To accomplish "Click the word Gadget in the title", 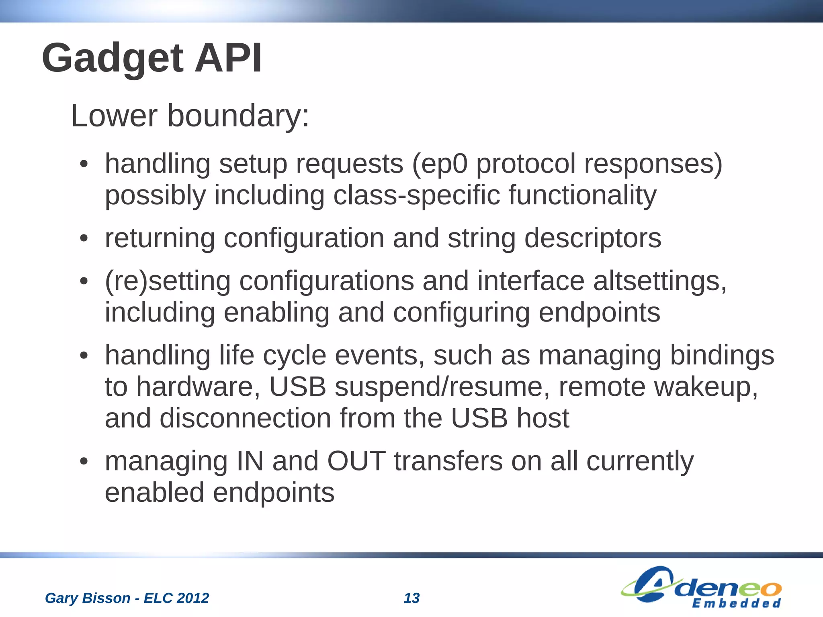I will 113,59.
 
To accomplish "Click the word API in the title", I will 228,59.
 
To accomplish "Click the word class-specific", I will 417,195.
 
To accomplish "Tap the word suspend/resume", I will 438,387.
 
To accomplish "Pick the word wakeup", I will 706,387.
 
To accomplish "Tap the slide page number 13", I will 411,598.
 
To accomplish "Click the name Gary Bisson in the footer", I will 87,598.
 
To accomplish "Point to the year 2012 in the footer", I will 192,598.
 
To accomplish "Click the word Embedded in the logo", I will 736,603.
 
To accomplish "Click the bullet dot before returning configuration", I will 84,239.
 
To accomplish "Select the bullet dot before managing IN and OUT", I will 84,462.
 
